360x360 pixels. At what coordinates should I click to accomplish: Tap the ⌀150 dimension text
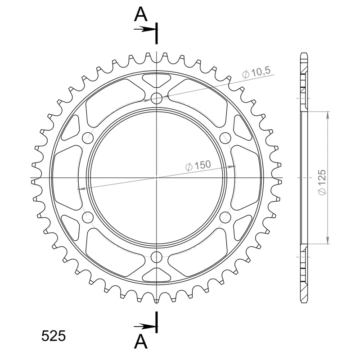point(198,166)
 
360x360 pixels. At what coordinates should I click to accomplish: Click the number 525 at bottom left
point(54,336)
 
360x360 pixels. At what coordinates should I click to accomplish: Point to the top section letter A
point(140,14)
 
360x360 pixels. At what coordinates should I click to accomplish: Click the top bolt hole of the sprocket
point(157,98)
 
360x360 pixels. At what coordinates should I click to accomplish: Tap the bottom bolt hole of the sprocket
point(157,256)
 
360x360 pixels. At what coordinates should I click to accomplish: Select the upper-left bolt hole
point(88,138)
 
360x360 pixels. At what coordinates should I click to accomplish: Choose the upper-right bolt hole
point(225,138)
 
